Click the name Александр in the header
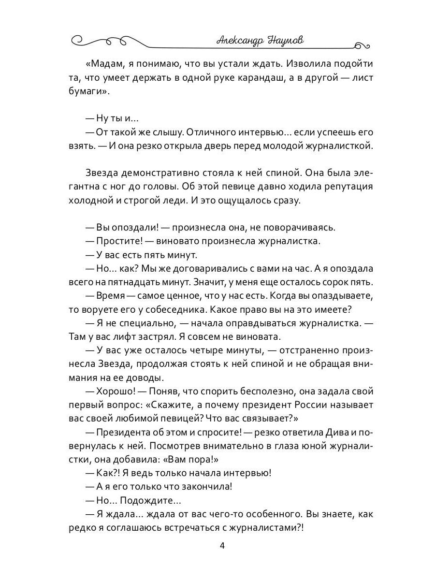(x=240, y=41)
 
